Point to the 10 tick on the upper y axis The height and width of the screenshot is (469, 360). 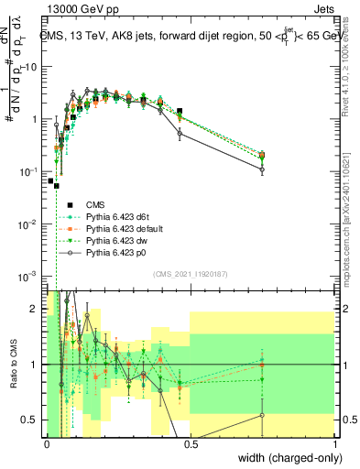(34, 67)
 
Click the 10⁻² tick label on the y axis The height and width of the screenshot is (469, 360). (31, 224)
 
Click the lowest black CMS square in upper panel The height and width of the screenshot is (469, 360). (57, 185)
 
